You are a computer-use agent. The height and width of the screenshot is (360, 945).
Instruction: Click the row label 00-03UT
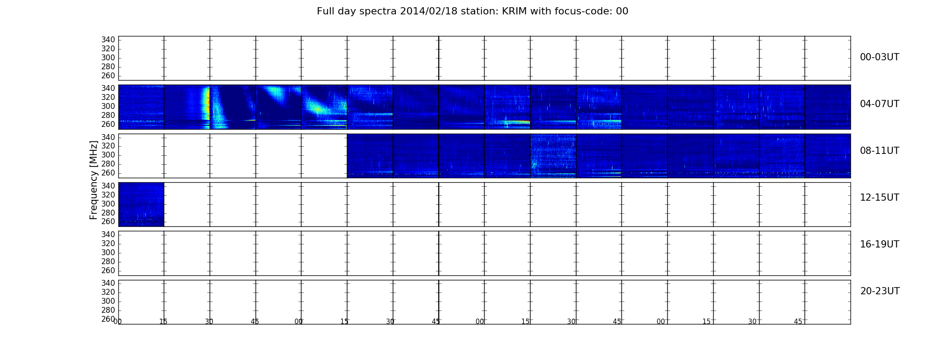[879, 57]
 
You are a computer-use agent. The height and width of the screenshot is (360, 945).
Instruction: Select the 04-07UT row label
[879, 104]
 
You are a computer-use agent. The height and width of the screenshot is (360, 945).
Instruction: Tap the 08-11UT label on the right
[879, 151]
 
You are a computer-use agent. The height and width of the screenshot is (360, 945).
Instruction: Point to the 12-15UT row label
[879, 198]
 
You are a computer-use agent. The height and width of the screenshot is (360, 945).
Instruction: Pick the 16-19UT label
[879, 244]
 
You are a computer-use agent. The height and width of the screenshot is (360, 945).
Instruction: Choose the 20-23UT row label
[880, 291]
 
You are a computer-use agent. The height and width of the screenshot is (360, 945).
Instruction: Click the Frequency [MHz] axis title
[94, 180]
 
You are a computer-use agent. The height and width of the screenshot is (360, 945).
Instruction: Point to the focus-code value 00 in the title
[622, 11]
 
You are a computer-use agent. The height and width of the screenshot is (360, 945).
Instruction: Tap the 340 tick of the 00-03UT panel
[108, 40]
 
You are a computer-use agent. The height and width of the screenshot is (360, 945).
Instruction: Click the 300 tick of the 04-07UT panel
[108, 107]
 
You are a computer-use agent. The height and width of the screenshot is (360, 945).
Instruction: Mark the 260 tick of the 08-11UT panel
[108, 173]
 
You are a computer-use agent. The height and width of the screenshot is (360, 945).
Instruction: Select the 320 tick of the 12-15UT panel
[108, 195]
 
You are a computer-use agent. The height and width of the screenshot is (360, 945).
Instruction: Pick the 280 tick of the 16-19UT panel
[108, 261]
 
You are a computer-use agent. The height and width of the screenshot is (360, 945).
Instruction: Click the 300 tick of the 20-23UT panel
[108, 301]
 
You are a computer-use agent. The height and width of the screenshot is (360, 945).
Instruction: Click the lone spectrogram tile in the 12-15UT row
[141, 204]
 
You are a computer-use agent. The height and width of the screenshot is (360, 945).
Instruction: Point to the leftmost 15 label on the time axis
[163, 322]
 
